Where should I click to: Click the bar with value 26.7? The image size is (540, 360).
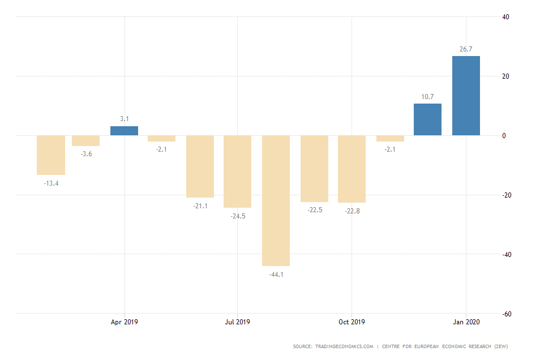(466, 96)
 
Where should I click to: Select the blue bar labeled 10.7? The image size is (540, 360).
(427, 119)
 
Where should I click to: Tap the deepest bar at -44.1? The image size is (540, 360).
(276, 200)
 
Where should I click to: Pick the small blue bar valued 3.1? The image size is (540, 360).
(124, 131)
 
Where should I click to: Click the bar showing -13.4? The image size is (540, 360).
(51, 155)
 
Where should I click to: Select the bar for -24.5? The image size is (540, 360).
(237, 172)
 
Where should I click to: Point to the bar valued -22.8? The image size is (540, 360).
(352, 169)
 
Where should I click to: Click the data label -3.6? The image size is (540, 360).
(86, 154)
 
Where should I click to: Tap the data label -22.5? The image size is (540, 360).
(314, 210)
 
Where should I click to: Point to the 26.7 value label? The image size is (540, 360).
(466, 49)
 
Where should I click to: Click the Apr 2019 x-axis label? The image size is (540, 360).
(124, 322)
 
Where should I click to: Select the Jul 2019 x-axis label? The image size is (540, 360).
(237, 322)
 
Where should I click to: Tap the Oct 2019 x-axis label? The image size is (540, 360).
(352, 322)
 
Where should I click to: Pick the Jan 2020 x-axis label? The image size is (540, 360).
(466, 322)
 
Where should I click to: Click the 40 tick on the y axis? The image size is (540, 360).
(506, 17)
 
